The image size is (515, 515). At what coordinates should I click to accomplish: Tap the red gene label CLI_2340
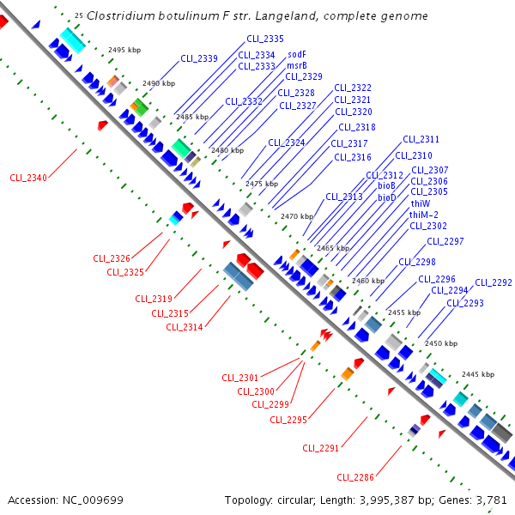(28, 178)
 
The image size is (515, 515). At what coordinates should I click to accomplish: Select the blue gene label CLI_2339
(199, 58)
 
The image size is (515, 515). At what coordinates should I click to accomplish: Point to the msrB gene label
(297, 65)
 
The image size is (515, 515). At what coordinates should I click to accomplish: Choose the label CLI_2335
(264, 39)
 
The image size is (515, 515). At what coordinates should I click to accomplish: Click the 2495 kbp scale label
(124, 50)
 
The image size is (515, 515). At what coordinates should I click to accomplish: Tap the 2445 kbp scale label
(478, 374)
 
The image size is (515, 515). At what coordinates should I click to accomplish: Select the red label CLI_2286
(355, 477)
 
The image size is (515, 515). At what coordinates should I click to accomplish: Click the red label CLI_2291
(321, 447)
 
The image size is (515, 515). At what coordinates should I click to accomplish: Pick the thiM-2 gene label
(424, 215)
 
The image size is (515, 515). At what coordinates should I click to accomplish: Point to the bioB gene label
(386, 185)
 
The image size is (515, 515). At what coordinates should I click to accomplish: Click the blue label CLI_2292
(494, 282)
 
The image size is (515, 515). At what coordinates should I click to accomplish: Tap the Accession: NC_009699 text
(66, 500)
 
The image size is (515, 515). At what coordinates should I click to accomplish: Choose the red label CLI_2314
(185, 327)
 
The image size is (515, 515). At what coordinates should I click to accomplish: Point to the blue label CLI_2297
(445, 241)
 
